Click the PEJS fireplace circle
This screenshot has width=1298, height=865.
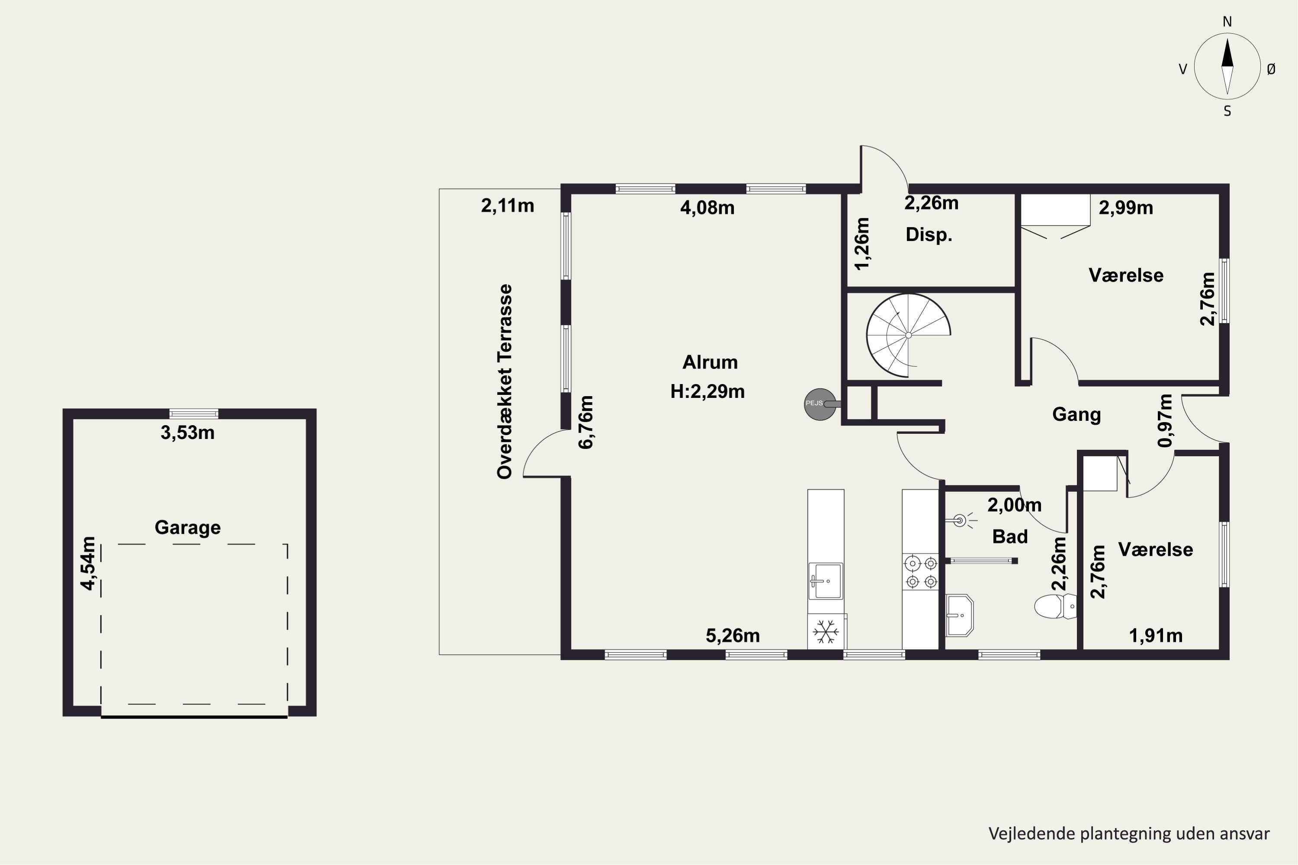coord(820,404)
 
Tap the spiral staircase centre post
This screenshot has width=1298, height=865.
coord(908,335)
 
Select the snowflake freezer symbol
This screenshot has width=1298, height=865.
coord(826,631)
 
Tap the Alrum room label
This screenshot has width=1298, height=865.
coord(710,362)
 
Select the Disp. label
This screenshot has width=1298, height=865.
coord(929,235)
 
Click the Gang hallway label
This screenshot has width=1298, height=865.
coord(1076,414)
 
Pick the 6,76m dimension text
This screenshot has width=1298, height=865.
coord(585,422)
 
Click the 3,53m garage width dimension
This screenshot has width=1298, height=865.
coord(188,432)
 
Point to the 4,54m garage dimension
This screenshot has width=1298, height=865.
coord(88,563)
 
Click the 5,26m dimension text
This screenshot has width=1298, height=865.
coord(733,635)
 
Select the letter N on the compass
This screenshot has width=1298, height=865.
coord(1227,22)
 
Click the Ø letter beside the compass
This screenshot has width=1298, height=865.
coord(1271,69)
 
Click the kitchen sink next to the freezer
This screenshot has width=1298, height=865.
coord(826,580)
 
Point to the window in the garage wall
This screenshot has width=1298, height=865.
coord(194,414)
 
